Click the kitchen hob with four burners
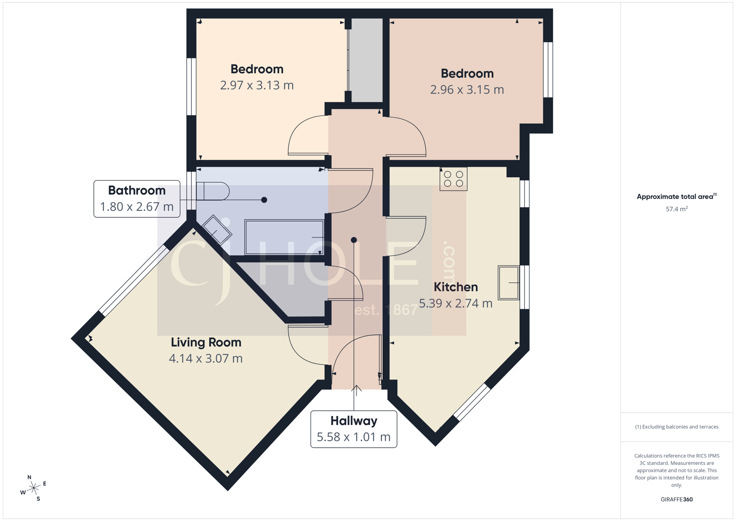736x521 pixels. [453, 179]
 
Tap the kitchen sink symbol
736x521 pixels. [508, 283]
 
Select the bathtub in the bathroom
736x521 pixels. [284, 237]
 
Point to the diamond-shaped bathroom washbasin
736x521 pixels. [217, 229]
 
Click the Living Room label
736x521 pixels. [206, 342]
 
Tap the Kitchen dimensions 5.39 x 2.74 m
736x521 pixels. [455, 303]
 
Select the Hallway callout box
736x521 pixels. [353, 429]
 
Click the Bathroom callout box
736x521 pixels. [137, 199]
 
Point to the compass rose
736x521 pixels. [34, 488]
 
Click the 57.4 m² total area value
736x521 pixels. [676, 209]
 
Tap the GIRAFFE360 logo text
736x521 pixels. [676, 499]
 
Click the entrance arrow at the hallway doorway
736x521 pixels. [356, 389]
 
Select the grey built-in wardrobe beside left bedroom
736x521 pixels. [366, 60]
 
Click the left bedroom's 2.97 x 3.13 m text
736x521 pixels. [257, 86]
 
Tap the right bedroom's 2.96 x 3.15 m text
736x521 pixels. [466, 90]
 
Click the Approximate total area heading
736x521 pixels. [675, 197]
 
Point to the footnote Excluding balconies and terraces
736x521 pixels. [676, 427]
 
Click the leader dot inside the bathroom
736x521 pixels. [264, 200]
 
